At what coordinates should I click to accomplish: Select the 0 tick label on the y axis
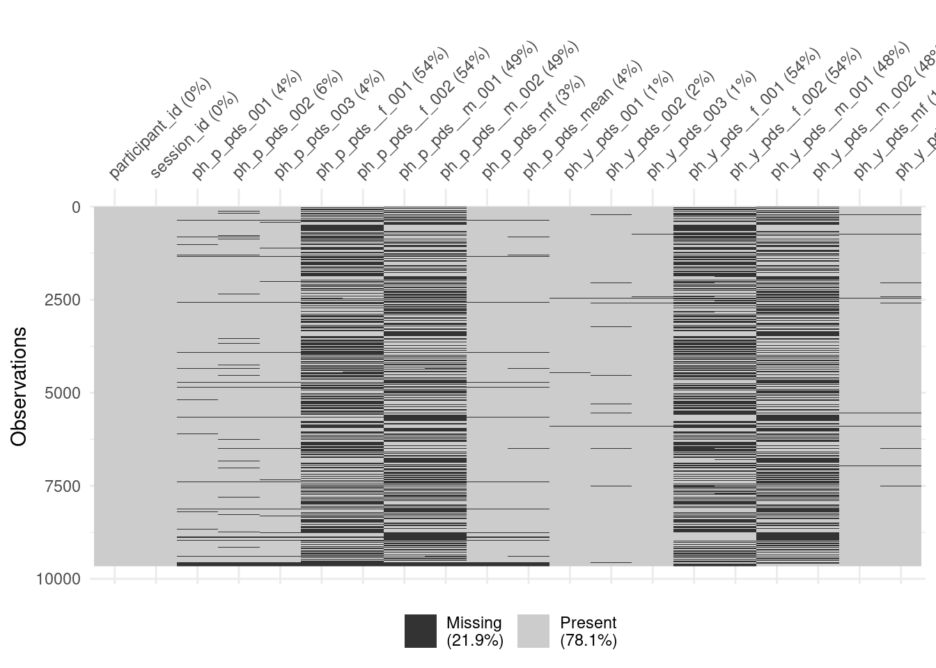75,207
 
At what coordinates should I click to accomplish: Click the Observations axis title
19,386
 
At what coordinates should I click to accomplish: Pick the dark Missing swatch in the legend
421,631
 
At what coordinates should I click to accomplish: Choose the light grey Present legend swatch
533,631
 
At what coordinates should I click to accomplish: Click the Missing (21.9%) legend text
474,631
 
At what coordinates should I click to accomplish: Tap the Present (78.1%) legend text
588,631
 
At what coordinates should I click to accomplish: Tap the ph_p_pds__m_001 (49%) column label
467,111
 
